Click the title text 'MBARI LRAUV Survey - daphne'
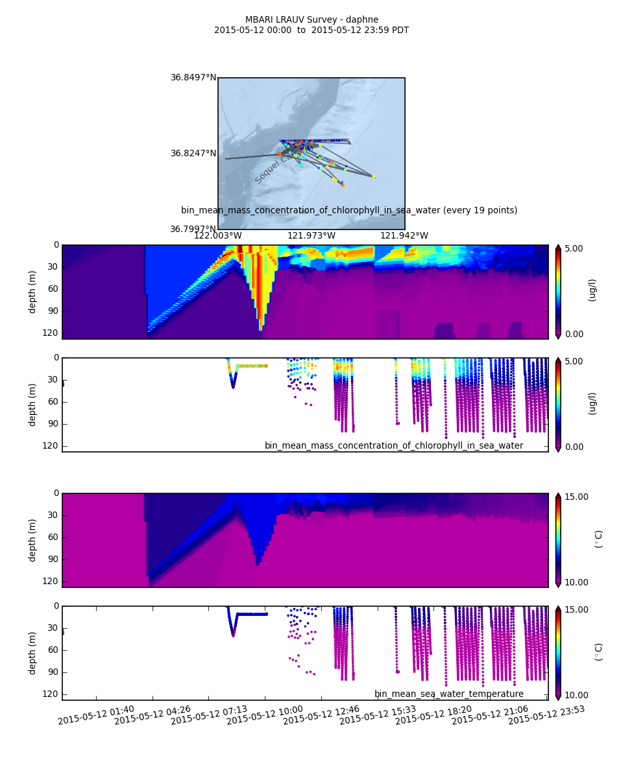coord(311,20)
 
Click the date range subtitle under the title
coord(311,30)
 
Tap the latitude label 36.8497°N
coord(193,78)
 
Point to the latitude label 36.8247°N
coord(193,154)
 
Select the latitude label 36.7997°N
coord(193,230)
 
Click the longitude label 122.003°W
coord(218,236)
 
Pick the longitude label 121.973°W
coord(311,236)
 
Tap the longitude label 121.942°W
coord(404,236)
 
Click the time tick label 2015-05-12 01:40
coord(96,715)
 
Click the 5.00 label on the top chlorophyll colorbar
coord(574,249)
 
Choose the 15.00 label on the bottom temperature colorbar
coord(574,610)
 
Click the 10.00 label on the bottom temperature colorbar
coord(574,696)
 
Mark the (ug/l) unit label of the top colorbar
coord(592,290)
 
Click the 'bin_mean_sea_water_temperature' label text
coord(449,694)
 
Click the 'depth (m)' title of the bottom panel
coord(32,653)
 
